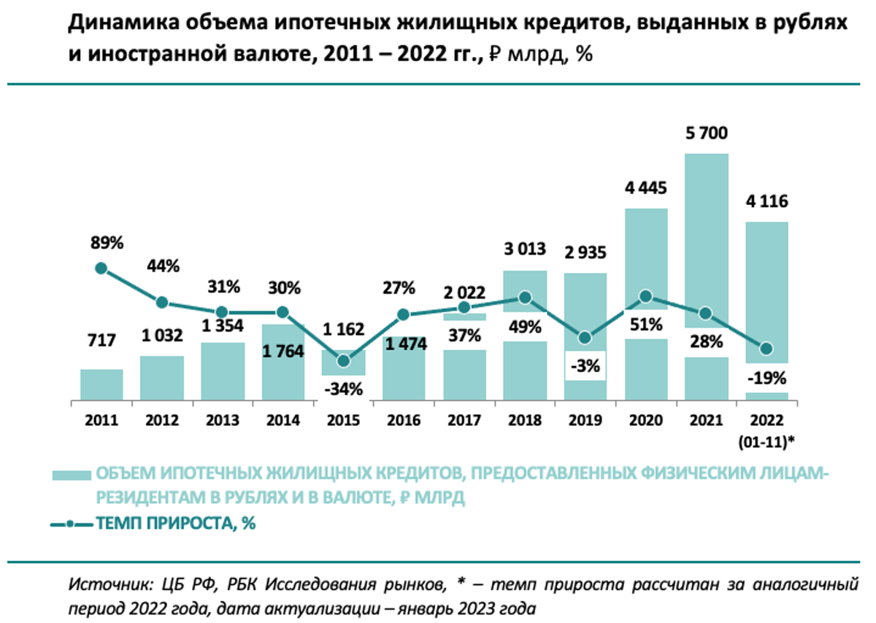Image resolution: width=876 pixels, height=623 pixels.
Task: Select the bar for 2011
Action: tap(101, 384)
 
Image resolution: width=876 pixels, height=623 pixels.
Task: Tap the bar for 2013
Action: tap(223, 371)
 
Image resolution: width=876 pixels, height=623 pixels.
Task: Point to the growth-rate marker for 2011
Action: tap(101, 268)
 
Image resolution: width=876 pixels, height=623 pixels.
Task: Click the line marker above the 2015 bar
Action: tap(344, 360)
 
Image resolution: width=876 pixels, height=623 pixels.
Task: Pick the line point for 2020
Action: tap(645, 296)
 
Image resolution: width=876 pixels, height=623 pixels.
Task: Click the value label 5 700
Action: tap(706, 133)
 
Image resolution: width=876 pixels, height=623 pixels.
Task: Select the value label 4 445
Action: tap(645, 188)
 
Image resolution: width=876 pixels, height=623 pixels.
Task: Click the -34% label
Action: tap(344, 388)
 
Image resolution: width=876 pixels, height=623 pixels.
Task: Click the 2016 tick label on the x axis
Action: tap(404, 421)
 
